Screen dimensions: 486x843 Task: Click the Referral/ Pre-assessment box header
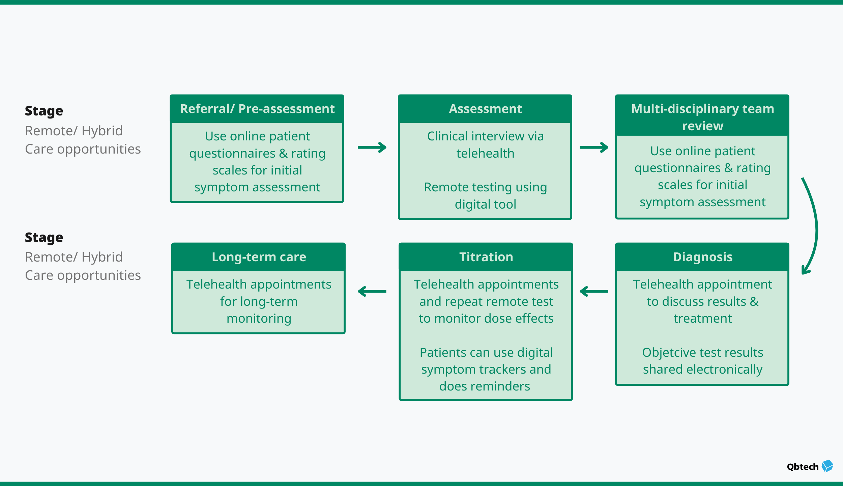coord(257,109)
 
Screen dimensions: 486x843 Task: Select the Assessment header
coord(485,109)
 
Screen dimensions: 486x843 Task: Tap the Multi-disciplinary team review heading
coord(702,117)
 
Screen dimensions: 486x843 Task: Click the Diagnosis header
coord(702,257)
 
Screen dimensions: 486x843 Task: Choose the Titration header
coord(486,257)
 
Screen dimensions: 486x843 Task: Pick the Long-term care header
coord(259,257)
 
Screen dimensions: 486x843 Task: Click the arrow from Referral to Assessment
coord(372,147)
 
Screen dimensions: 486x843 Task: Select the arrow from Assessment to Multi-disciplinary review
coord(594,147)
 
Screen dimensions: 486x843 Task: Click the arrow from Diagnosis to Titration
coord(594,291)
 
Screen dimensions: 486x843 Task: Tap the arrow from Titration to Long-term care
coord(372,291)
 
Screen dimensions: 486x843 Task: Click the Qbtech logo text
coord(803,467)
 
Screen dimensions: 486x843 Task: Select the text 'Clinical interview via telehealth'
coord(485,144)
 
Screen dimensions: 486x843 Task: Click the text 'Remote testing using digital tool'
coord(485,195)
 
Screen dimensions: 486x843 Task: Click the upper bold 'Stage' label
coord(44,111)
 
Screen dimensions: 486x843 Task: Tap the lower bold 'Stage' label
coord(44,237)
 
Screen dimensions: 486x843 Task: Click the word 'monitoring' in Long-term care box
coord(259,318)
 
